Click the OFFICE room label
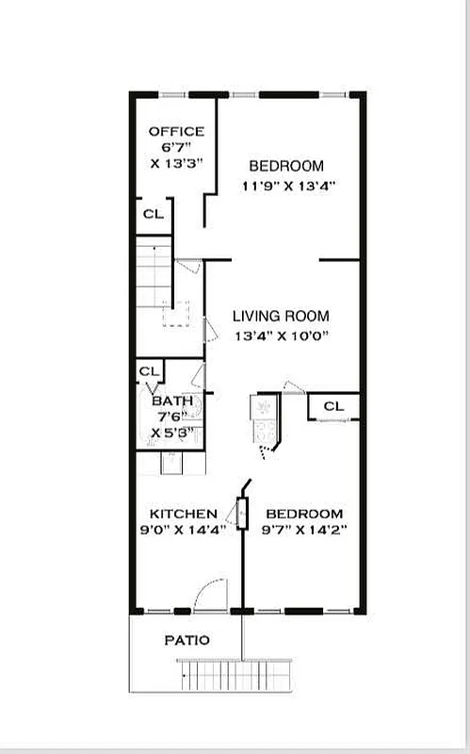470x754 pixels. (176, 131)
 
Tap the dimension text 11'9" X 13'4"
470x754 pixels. (288, 185)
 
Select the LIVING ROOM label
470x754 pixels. (281, 317)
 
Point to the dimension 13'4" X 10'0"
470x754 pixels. (281, 336)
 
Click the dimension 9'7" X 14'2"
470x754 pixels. (303, 530)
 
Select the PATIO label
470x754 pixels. (186, 640)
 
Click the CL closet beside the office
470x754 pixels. (153, 214)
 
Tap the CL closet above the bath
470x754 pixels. (149, 371)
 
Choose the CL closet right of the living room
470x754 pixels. (333, 406)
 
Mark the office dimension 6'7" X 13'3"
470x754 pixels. (176, 156)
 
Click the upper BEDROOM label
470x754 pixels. (292, 166)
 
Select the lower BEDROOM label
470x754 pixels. (303, 514)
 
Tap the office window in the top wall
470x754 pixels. (172, 93)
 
